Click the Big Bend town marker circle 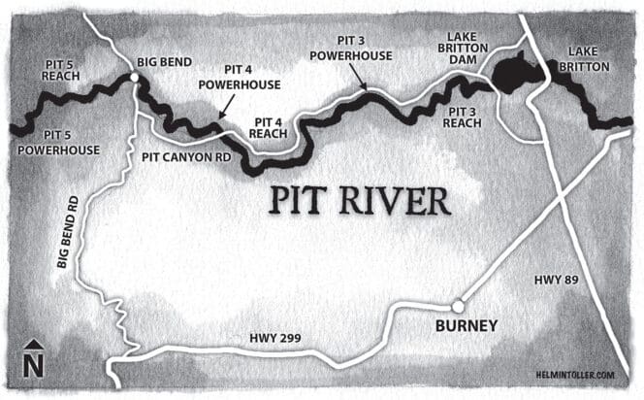(x=134, y=76)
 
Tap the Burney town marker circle (x=458, y=306)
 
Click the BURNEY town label (x=465, y=325)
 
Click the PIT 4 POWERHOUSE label (x=233, y=78)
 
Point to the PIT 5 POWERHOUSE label (x=58, y=143)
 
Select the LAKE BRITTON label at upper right (x=590, y=59)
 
